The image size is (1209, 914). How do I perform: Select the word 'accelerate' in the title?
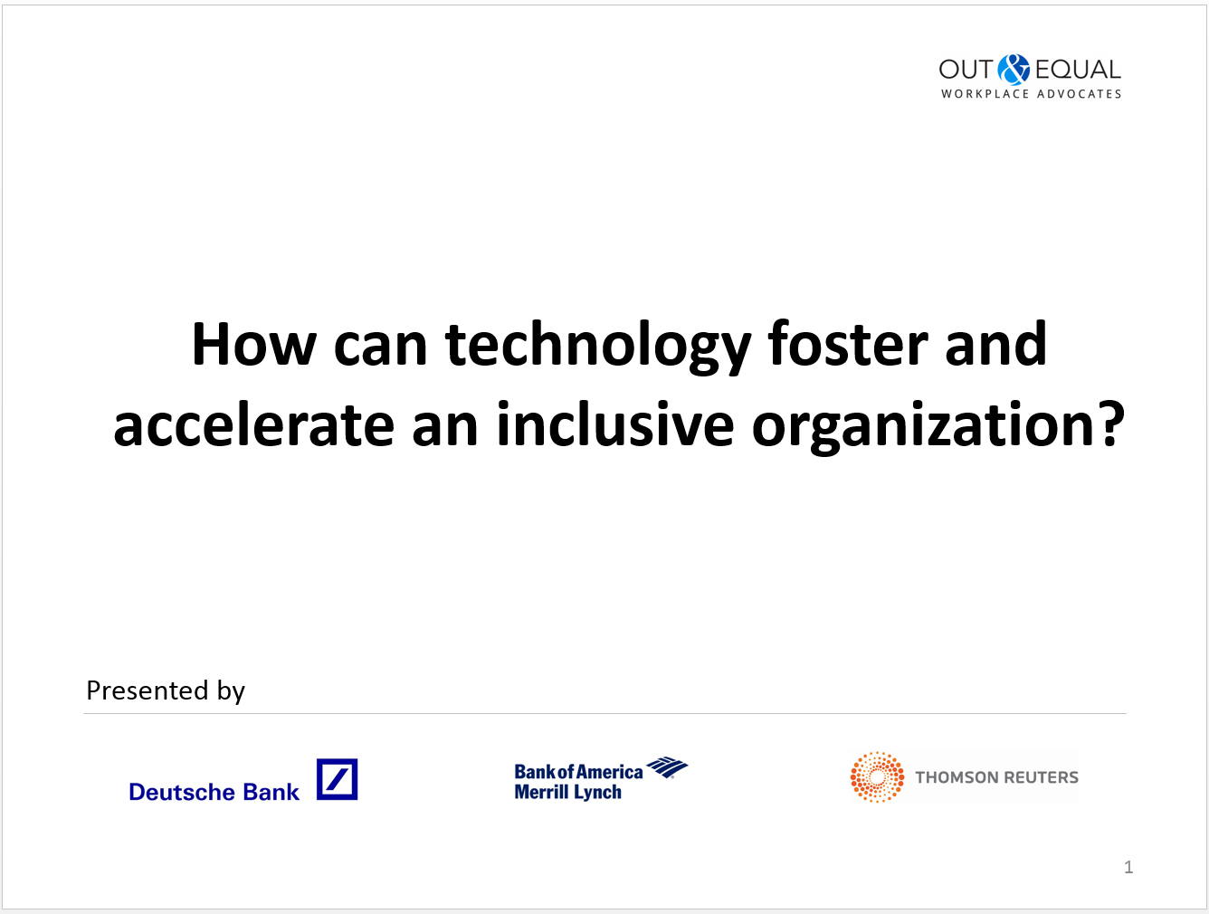(x=254, y=424)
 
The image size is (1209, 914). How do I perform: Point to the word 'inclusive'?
(x=615, y=424)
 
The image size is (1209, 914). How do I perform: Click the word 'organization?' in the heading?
(x=938, y=428)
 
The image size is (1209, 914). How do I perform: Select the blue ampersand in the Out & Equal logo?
(x=1014, y=70)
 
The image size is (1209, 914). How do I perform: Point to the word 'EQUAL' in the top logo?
(x=1078, y=70)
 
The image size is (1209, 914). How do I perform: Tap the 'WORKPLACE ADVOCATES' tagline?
(x=1031, y=94)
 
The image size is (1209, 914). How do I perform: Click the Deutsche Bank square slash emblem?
(x=337, y=779)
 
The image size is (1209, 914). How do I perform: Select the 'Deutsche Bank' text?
(x=214, y=793)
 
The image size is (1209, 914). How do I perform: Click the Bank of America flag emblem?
(x=667, y=767)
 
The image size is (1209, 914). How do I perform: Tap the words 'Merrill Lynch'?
(x=568, y=793)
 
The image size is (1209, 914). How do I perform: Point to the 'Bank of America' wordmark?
(x=578, y=772)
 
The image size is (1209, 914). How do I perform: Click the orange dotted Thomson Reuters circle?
(x=877, y=776)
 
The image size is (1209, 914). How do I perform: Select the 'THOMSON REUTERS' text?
(x=996, y=777)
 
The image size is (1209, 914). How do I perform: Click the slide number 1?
(x=1128, y=867)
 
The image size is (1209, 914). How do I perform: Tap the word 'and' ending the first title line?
(x=995, y=344)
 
